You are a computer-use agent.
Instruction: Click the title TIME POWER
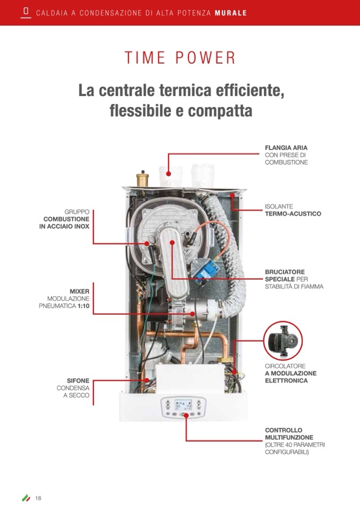coord(180,58)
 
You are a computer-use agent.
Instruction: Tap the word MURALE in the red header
coord(231,13)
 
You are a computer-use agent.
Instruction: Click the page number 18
coord(38,498)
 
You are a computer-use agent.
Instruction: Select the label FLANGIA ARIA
coord(286,148)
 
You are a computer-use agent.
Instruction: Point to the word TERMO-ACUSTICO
coord(293,213)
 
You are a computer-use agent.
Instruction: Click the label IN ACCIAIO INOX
coord(64,226)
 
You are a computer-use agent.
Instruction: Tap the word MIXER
coord(80,291)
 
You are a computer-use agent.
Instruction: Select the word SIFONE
coord(78,381)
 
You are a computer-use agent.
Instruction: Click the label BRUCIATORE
coord(285,272)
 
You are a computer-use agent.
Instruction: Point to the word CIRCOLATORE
coord(285,366)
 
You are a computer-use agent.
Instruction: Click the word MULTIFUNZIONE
coord(289,437)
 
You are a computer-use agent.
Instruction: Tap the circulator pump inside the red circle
coord(282,341)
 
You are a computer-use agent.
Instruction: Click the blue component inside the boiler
coord(205,270)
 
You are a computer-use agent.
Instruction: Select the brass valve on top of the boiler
coord(142,178)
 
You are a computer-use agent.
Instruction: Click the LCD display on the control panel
coord(183,405)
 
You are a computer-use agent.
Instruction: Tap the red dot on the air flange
coord(168,174)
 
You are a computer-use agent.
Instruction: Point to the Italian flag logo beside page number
coord(26,498)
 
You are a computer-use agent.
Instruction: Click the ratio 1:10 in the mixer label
coord(83,306)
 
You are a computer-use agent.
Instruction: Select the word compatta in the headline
coord(220,111)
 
